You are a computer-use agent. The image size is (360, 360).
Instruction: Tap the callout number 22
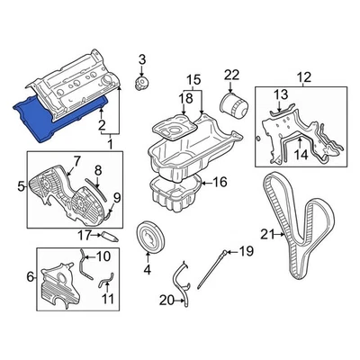232,74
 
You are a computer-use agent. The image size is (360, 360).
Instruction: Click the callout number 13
281,94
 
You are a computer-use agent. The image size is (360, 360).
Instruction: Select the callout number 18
186,97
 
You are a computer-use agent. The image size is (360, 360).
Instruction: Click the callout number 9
117,197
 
